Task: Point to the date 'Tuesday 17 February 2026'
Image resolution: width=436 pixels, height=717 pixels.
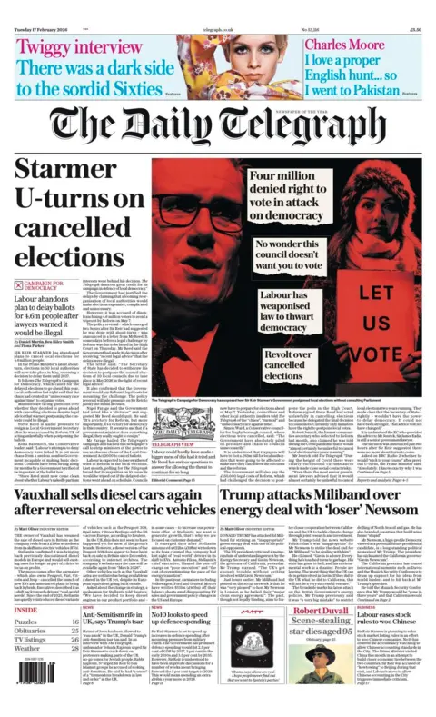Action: pyautogui.click(x=35, y=6)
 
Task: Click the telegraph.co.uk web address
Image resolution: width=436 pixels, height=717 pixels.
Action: pyautogui.click(x=218, y=6)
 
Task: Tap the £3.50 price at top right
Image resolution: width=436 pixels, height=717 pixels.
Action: pyautogui.click(x=419, y=6)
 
